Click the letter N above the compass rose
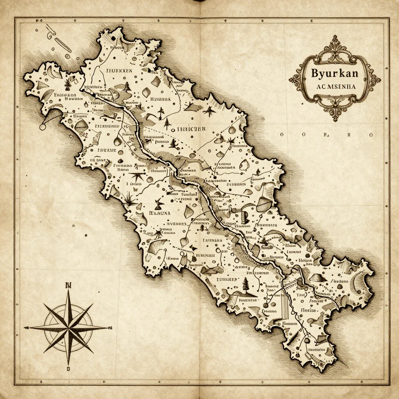pyautogui.click(x=69, y=285)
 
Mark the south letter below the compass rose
pyautogui.click(x=69, y=368)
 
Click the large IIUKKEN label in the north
pyautogui.click(x=119, y=71)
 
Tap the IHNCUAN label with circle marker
pyautogui.click(x=191, y=129)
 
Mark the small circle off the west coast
pyautogui.click(x=42, y=127)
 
